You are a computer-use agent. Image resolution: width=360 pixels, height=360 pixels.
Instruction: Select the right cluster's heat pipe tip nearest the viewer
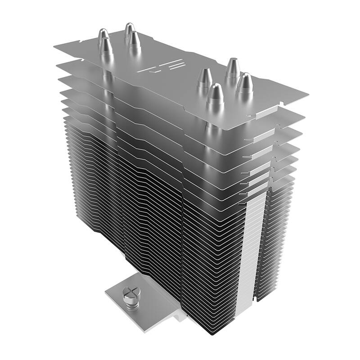point(216,93)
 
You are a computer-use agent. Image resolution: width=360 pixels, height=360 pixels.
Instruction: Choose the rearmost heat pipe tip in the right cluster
point(233,66)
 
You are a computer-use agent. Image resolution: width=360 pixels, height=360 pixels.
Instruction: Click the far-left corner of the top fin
point(53,45)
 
